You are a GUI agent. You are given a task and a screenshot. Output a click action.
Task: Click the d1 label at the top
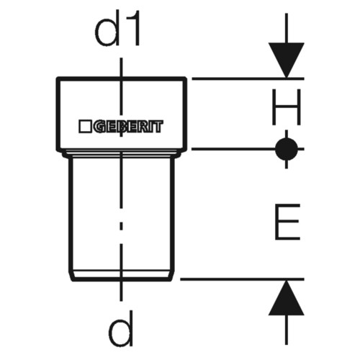coord(117,28)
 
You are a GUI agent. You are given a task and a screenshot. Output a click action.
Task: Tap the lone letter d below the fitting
coord(121,328)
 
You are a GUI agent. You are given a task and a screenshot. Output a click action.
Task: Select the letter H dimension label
coord(287,107)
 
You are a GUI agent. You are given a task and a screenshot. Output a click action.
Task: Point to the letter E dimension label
coord(287,222)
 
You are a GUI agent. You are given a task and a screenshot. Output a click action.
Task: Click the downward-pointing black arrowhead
coord(287,60)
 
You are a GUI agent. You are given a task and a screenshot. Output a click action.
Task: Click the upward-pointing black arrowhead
coord(287,298)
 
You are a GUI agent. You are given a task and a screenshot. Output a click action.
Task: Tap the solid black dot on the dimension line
coord(287,149)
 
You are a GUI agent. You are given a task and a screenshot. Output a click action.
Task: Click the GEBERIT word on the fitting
coord(128,127)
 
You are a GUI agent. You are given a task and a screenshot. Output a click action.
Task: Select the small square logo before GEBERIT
coord(85,127)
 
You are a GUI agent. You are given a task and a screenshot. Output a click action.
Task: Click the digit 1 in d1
coord(135,28)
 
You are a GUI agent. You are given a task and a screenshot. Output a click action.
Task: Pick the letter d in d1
coord(107,28)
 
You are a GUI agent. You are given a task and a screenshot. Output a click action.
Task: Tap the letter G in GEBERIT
coord(99,127)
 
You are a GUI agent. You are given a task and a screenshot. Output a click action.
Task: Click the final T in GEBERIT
coord(158,127)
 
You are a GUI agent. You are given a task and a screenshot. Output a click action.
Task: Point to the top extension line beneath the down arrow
coord(248,78)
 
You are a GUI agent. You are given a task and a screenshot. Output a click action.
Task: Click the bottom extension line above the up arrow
coord(242,279)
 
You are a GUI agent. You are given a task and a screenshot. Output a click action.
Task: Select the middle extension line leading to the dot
coord(233,149)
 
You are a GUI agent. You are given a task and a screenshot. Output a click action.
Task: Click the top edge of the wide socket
coord(122,78)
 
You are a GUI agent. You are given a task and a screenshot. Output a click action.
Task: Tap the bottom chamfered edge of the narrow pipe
coord(122,279)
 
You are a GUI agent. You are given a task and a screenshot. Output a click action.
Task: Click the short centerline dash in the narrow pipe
coord(121,226)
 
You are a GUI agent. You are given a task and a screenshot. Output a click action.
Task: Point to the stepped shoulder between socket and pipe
coord(122,153)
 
